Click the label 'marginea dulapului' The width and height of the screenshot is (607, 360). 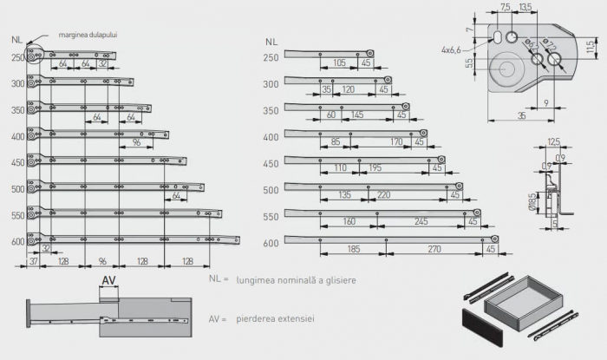point(88,36)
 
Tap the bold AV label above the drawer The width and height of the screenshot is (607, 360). point(109,280)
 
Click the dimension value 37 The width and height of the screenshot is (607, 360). point(33,259)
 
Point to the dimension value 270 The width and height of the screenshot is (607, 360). point(434,248)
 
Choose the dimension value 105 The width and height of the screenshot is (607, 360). point(339,62)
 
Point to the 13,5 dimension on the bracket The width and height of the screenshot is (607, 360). point(525,7)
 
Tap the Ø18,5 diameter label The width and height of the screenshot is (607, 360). point(530,203)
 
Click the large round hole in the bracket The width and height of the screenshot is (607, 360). point(506,69)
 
